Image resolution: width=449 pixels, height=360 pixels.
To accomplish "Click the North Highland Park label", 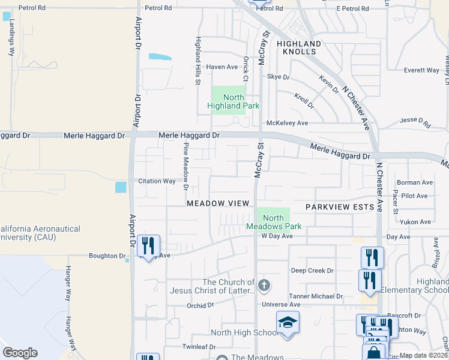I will point(234,101).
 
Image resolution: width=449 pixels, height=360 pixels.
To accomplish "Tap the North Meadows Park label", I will point(273,222).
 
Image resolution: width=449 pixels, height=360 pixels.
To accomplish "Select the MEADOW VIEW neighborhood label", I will point(217,204).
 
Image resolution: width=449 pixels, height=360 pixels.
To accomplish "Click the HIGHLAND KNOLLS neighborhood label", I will point(299,48).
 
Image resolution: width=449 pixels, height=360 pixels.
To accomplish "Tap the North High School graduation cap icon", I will point(288,322).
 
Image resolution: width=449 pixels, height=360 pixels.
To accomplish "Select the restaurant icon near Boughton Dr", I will point(148,245).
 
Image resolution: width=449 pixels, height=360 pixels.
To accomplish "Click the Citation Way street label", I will point(157,181).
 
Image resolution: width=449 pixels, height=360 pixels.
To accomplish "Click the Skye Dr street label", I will point(278,77).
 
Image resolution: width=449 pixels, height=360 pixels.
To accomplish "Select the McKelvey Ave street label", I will point(287,123).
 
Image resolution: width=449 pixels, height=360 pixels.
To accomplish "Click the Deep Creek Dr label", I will point(312,271).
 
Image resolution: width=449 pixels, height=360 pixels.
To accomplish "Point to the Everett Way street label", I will point(421,70).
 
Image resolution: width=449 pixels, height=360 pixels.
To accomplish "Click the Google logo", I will point(20,353).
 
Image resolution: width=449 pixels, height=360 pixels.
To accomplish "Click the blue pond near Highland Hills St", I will point(160,57).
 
